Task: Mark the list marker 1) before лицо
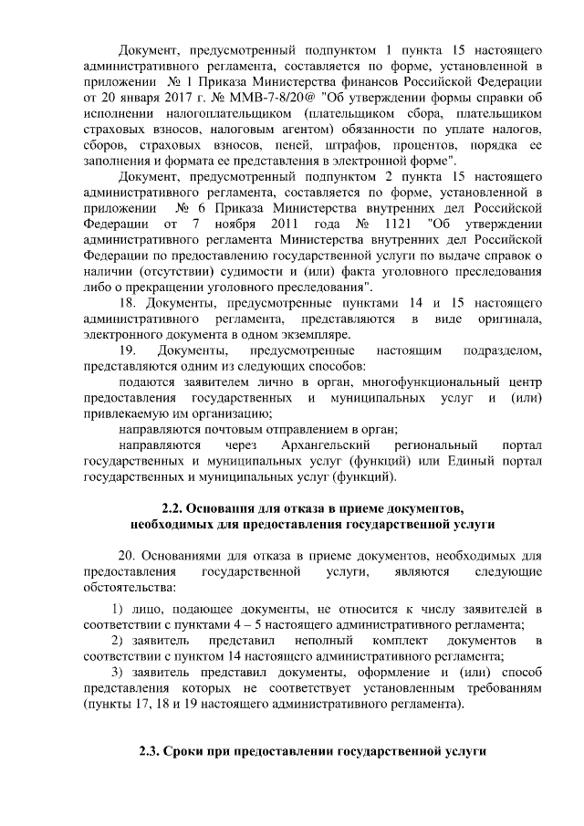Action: point(119,609)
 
